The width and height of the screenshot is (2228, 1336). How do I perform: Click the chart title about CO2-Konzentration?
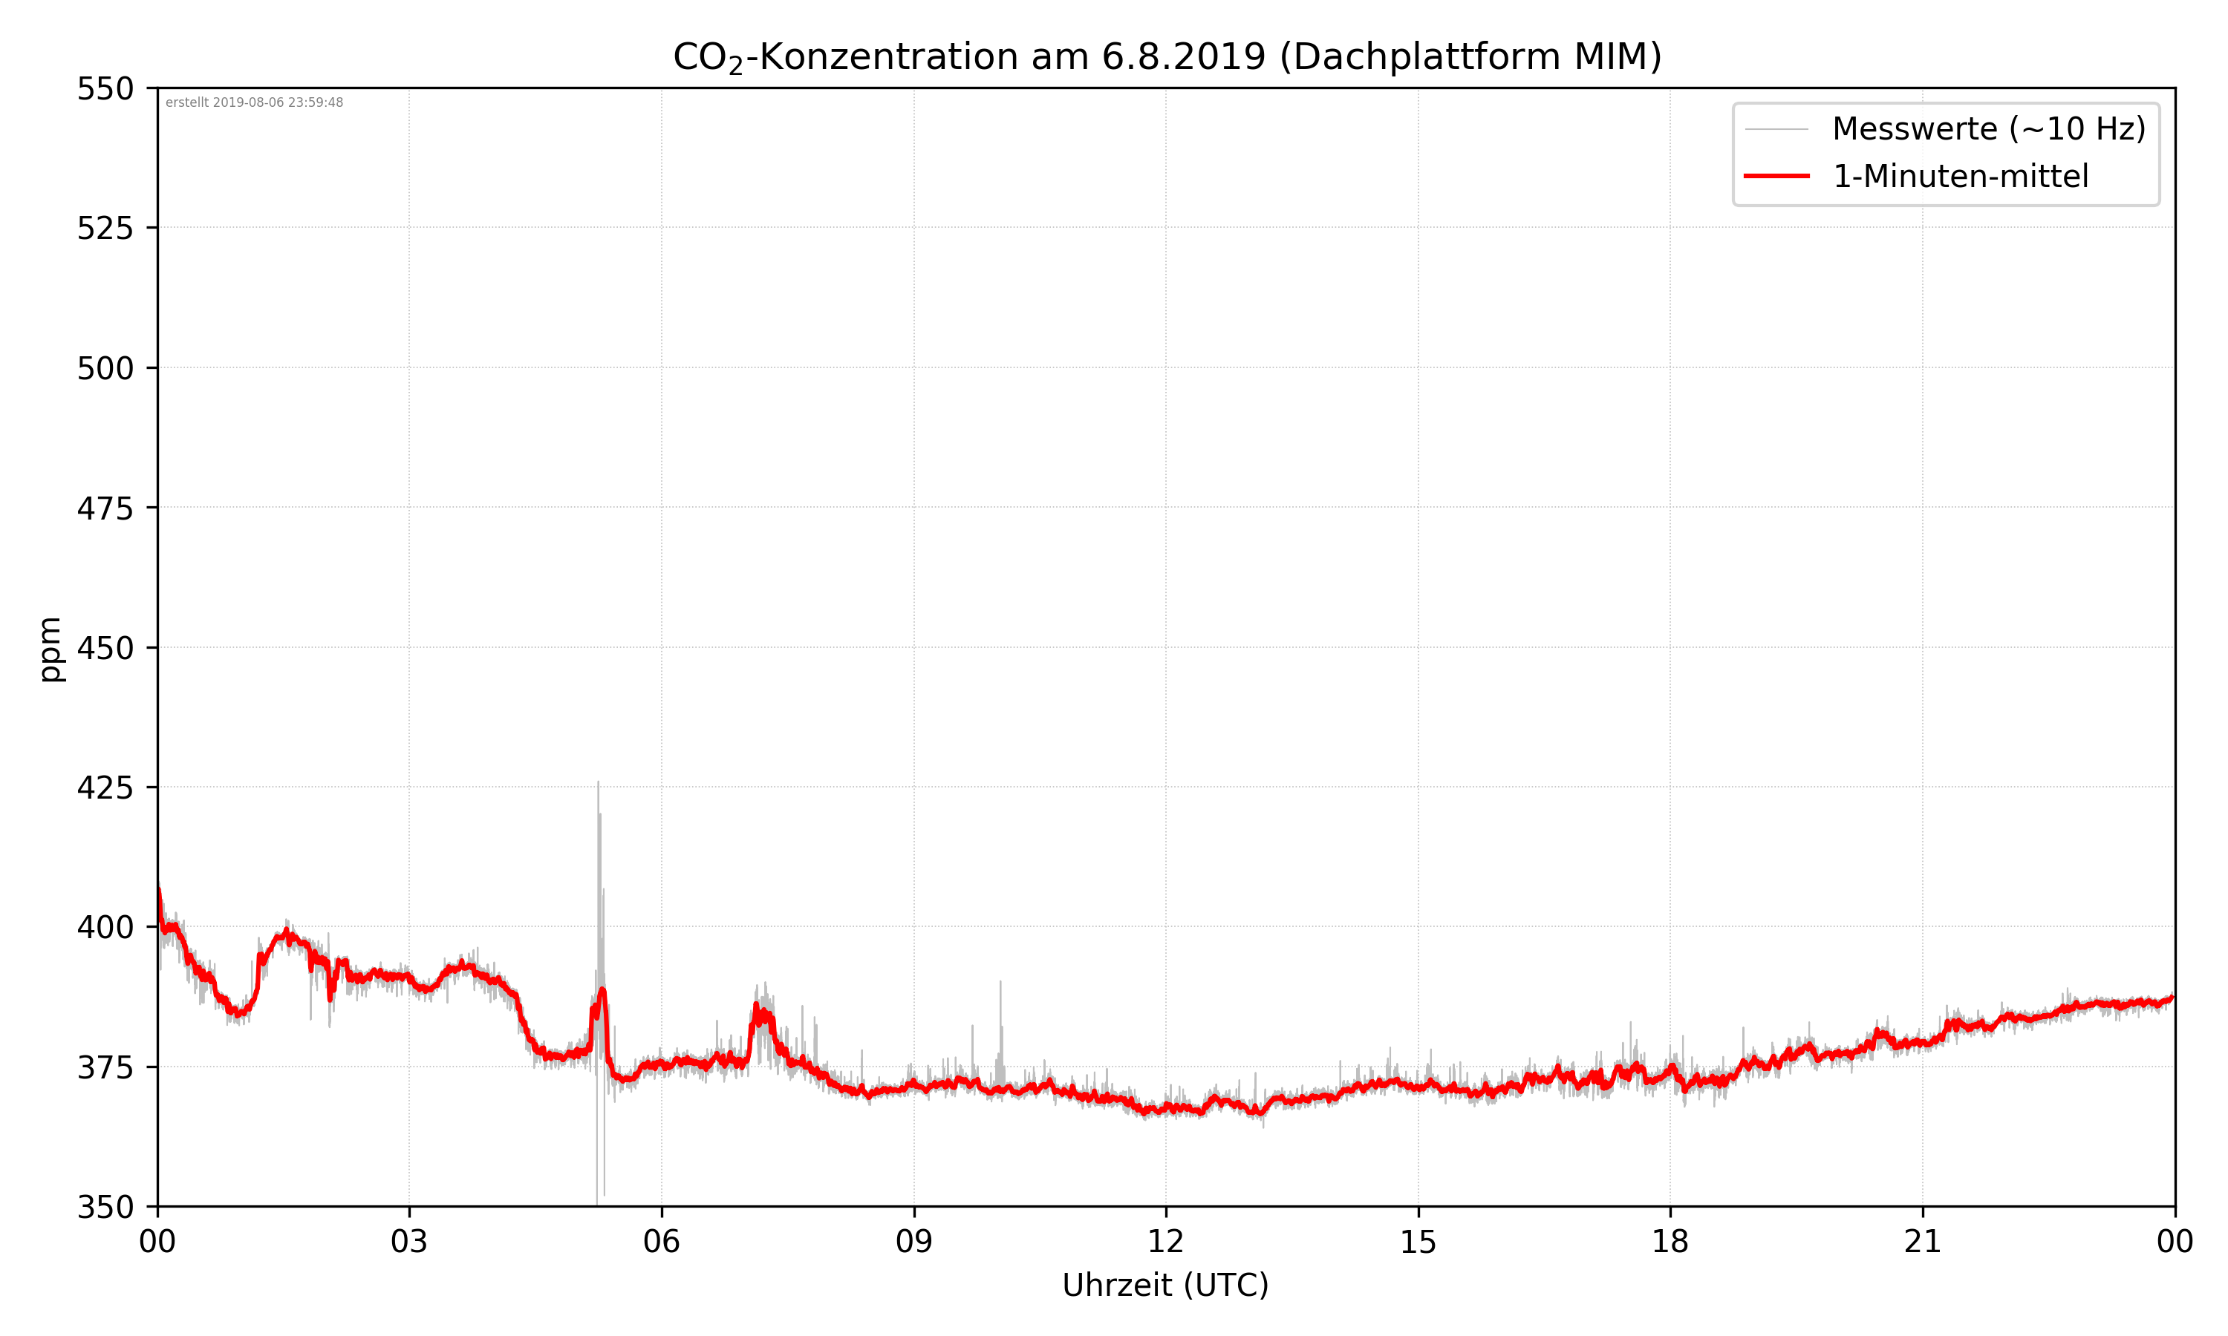[1166, 56]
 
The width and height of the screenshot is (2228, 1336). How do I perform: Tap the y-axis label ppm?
[51, 648]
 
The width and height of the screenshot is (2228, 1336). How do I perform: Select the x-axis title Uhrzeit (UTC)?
[1165, 1285]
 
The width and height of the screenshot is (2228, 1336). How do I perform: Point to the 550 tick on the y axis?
[105, 89]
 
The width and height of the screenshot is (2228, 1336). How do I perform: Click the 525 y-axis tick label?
[105, 229]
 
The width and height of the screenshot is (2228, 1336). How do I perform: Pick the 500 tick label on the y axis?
[105, 368]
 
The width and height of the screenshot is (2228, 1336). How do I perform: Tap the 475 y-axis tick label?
[105, 508]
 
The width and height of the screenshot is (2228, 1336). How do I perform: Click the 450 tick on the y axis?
[105, 648]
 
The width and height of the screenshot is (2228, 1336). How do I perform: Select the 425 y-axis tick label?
[105, 787]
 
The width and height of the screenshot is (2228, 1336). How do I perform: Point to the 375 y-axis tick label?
[105, 1068]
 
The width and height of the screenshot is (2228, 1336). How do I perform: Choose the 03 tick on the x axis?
[409, 1242]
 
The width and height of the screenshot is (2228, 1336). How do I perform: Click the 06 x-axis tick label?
[661, 1242]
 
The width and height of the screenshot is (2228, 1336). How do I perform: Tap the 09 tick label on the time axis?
[913, 1242]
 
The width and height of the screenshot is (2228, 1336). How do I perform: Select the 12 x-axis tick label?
[1165, 1242]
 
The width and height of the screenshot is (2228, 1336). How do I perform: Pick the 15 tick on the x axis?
[1418, 1242]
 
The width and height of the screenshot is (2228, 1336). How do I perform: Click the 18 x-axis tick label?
[1670, 1242]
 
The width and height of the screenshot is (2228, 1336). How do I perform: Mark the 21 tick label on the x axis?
[1922, 1242]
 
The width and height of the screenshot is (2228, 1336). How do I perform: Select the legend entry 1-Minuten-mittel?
[1960, 177]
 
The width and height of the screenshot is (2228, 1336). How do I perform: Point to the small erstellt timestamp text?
[254, 102]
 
